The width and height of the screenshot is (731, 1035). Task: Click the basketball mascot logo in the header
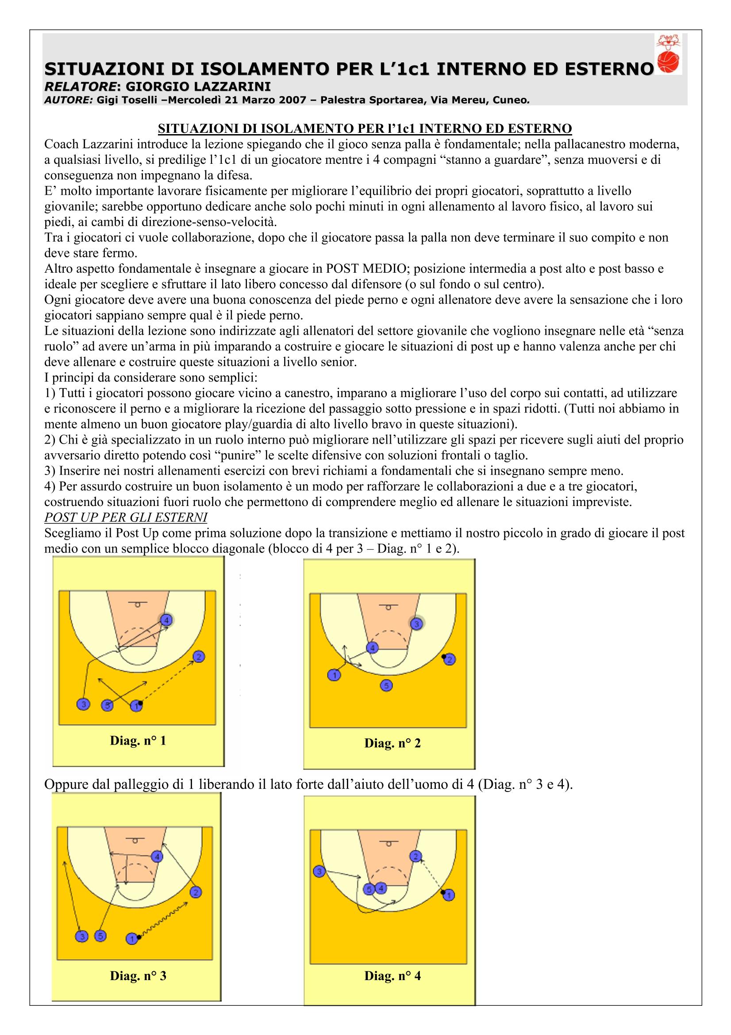[x=668, y=54]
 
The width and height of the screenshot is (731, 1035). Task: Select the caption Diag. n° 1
[x=138, y=741]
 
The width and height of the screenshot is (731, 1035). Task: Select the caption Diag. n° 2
[x=392, y=743]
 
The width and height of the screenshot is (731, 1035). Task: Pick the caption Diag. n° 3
[x=138, y=976]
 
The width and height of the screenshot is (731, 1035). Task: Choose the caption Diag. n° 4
[x=392, y=976]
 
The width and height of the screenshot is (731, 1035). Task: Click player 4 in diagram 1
[x=166, y=620]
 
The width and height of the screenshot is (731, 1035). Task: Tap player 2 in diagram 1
[x=199, y=657]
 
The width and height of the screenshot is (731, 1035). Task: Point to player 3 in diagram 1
[x=83, y=704]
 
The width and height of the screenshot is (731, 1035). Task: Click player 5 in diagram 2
[x=386, y=686]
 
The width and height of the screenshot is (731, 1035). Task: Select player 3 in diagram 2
[x=416, y=624]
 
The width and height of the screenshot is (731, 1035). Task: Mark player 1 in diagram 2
[x=334, y=675]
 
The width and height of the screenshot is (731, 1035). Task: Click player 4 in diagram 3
[x=157, y=857]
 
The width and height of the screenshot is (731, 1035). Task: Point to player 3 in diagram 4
[x=319, y=871]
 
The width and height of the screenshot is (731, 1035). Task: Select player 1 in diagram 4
[x=449, y=895]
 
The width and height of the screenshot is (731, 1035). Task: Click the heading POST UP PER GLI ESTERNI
[x=126, y=517]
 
